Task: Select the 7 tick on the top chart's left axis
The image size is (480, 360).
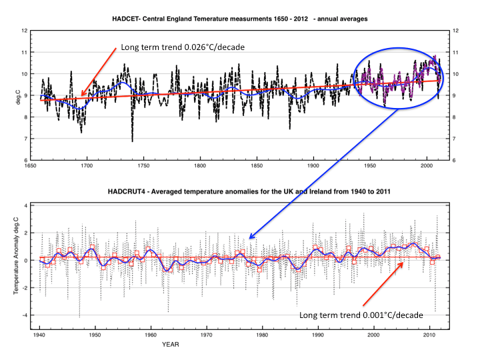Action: tap(25, 139)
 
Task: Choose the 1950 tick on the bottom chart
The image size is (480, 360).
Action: tap(95, 335)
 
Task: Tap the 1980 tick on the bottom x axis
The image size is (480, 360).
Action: tap(262, 335)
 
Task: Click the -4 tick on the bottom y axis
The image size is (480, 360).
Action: tap(25, 315)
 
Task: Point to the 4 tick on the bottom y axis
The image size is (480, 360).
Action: tap(25, 205)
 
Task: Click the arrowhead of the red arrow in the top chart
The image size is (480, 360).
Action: tap(81, 96)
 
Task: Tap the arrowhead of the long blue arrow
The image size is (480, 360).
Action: tap(250, 237)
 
